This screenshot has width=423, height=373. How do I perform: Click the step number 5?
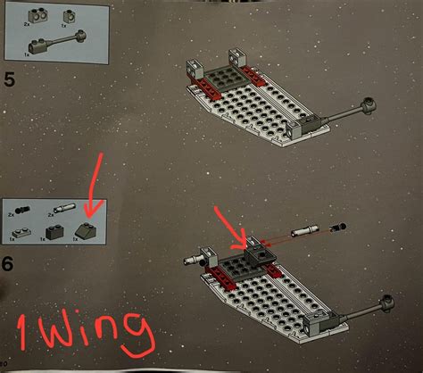[11, 83]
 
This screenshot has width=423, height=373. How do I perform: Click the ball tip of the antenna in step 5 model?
[367, 105]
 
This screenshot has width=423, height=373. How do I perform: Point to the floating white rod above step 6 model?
[306, 229]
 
